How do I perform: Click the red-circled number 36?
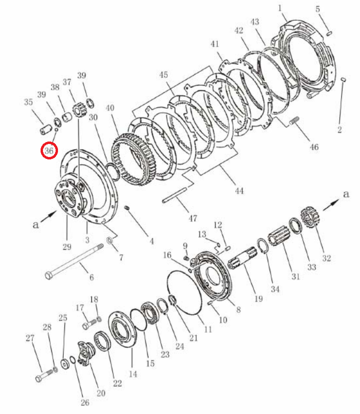[x=49, y=151]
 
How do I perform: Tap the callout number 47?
[x=192, y=218]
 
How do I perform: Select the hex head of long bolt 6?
[x=49, y=275]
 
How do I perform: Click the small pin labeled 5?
[x=329, y=33]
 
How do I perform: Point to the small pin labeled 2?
[x=343, y=80]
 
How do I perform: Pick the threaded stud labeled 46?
[x=294, y=121]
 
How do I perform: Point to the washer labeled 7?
[x=109, y=240]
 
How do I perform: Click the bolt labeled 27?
[x=44, y=375]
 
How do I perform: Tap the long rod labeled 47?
[x=175, y=195]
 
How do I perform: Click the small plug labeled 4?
[x=127, y=208]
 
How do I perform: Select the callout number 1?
[x=280, y=8]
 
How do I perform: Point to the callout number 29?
[x=67, y=247]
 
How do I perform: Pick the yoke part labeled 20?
[x=86, y=353]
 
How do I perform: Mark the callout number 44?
[x=239, y=191]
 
